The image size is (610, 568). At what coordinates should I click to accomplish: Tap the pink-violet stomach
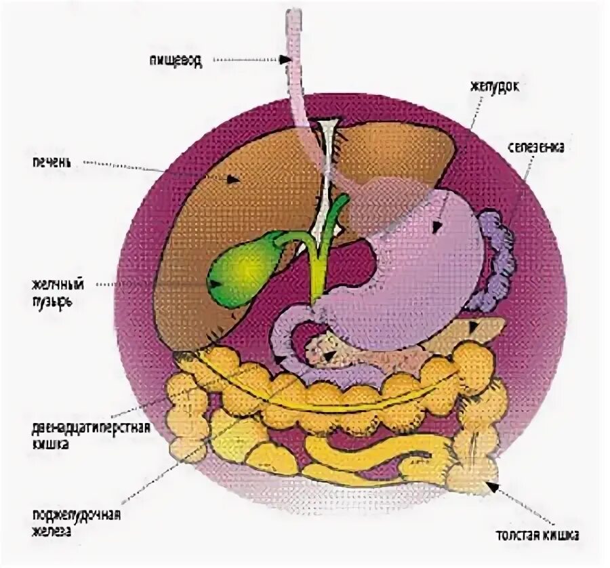coord(420,271)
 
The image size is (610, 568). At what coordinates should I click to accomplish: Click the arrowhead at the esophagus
coord(287,60)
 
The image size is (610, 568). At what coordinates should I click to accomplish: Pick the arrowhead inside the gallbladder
coord(215,283)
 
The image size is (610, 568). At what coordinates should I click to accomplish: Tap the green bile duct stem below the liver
coord(317,271)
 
